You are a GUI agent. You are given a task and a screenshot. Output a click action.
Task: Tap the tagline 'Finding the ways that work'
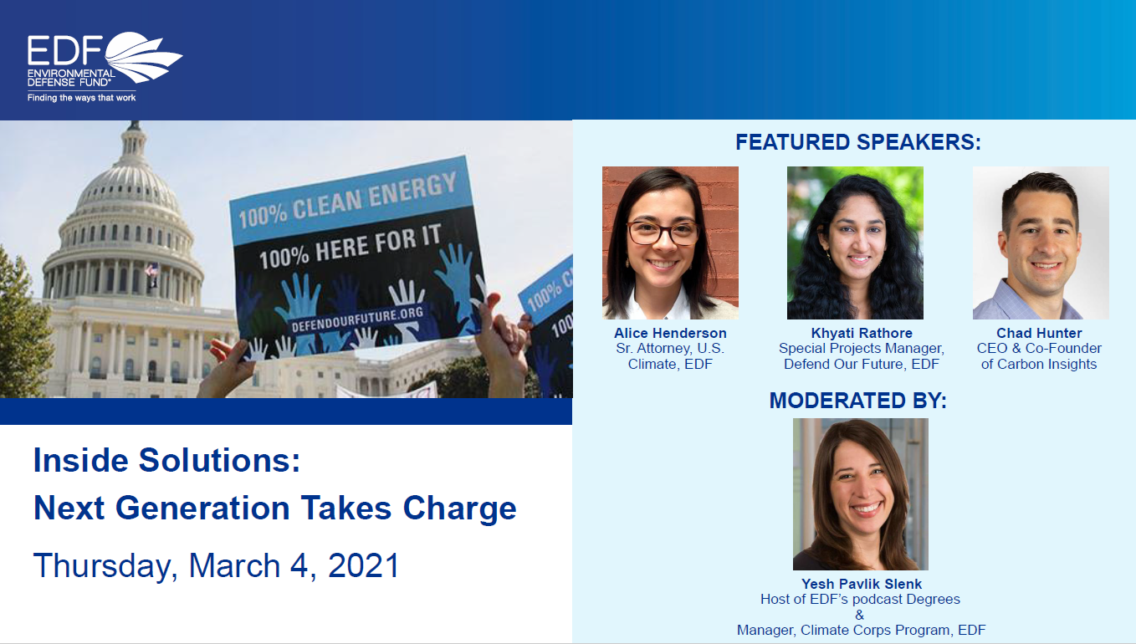click(x=82, y=98)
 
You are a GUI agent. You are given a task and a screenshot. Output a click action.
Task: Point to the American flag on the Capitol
click(x=152, y=270)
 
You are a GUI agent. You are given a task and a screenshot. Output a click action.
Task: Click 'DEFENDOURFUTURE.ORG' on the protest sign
click(x=357, y=319)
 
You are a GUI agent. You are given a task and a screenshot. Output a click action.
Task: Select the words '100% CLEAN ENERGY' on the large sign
click(x=348, y=200)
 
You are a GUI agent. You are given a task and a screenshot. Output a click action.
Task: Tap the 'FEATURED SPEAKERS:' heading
click(x=858, y=142)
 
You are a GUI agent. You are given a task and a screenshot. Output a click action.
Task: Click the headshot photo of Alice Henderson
click(x=670, y=243)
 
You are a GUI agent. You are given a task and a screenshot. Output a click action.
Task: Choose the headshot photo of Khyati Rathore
click(x=855, y=243)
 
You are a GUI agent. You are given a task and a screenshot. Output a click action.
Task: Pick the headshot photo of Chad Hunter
click(x=1041, y=243)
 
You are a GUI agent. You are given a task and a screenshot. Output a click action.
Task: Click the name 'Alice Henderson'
click(x=670, y=333)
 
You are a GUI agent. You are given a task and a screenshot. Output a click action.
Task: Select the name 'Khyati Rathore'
click(x=861, y=333)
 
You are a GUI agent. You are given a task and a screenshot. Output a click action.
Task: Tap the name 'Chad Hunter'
click(x=1039, y=333)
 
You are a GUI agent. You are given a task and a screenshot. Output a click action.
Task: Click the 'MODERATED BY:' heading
click(x=858, y=401)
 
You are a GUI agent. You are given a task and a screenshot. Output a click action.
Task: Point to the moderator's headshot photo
click(x=861, y=494)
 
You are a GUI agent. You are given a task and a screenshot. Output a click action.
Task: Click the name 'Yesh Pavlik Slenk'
click(x=862, y=584)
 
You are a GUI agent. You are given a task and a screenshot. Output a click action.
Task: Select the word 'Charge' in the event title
click(x=459, y=509)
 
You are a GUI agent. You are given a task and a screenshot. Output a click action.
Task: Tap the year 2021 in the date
click(x=364, y=565)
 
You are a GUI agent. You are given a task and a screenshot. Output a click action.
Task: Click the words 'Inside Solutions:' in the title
click(x=166, y=460)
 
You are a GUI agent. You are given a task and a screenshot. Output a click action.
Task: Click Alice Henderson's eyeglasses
click(x=663, y=233)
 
